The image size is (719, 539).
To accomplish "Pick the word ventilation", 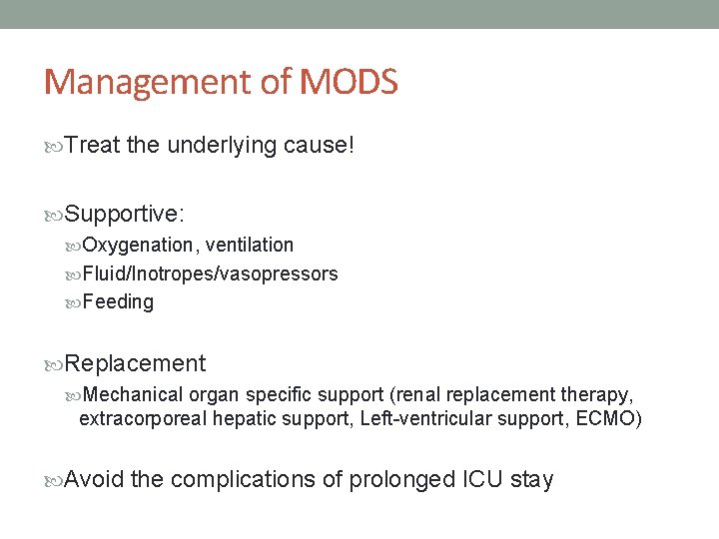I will pos(250,245).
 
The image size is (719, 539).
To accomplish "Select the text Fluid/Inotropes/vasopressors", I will pos(210,273).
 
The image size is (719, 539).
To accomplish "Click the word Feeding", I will pos(118,301).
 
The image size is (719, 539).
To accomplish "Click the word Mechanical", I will pos(134,394).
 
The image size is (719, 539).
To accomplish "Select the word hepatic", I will pos(243,418).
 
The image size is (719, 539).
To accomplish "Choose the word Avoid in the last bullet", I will pos(95,480).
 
